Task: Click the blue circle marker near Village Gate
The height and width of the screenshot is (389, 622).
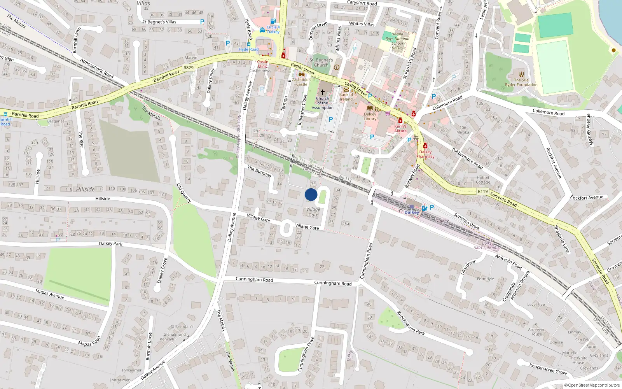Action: pos(311,194)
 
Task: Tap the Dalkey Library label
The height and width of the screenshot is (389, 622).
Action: pos(370,116)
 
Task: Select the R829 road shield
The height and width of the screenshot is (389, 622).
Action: pos(189,68)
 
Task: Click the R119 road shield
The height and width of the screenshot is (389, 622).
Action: pos(483,191)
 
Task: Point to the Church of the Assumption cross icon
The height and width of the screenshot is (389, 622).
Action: pos(322,92)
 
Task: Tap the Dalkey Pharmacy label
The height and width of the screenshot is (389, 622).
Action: pos(425,154)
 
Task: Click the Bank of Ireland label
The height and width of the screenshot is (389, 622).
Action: pos(346,97)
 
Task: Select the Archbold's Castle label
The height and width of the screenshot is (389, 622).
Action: pos(302,82)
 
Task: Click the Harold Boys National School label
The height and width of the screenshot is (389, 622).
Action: pos(397,41)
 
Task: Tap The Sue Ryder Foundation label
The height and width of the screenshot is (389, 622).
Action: pos(521,82)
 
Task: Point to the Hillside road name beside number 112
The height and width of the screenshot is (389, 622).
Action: pos(86,189)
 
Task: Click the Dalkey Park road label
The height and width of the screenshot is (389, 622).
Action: pos(110,244)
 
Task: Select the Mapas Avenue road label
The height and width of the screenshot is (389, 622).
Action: pos(50,294)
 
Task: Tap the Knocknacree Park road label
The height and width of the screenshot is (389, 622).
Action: pos(411,323)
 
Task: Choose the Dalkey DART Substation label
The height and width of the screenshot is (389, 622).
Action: pos(487,245)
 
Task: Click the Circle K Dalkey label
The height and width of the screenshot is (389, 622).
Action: pos(273,29)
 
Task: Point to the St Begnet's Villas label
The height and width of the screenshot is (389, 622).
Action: pos(159,22)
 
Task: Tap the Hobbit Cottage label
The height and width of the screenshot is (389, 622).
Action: pos(483,180)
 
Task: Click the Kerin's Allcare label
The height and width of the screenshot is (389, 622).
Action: pos(400,128)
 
